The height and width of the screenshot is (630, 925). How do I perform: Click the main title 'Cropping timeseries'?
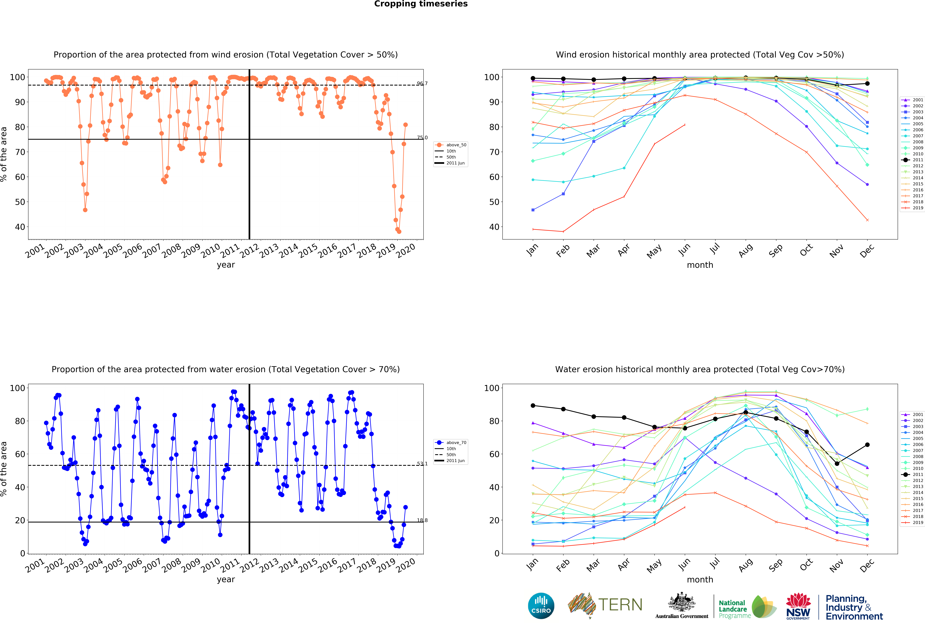coord(421,4)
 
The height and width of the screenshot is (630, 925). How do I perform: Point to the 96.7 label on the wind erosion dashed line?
coord(422,84)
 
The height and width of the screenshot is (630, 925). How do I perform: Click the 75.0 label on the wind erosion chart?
coord(422,138)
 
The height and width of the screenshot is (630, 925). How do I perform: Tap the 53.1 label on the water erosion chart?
coord(422,464)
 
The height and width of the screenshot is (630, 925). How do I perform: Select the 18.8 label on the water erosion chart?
coord(422,520)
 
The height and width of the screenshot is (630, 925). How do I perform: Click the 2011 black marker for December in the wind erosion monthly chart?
coord(867,84)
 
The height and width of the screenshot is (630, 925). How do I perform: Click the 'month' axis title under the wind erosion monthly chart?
coord(700,265)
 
